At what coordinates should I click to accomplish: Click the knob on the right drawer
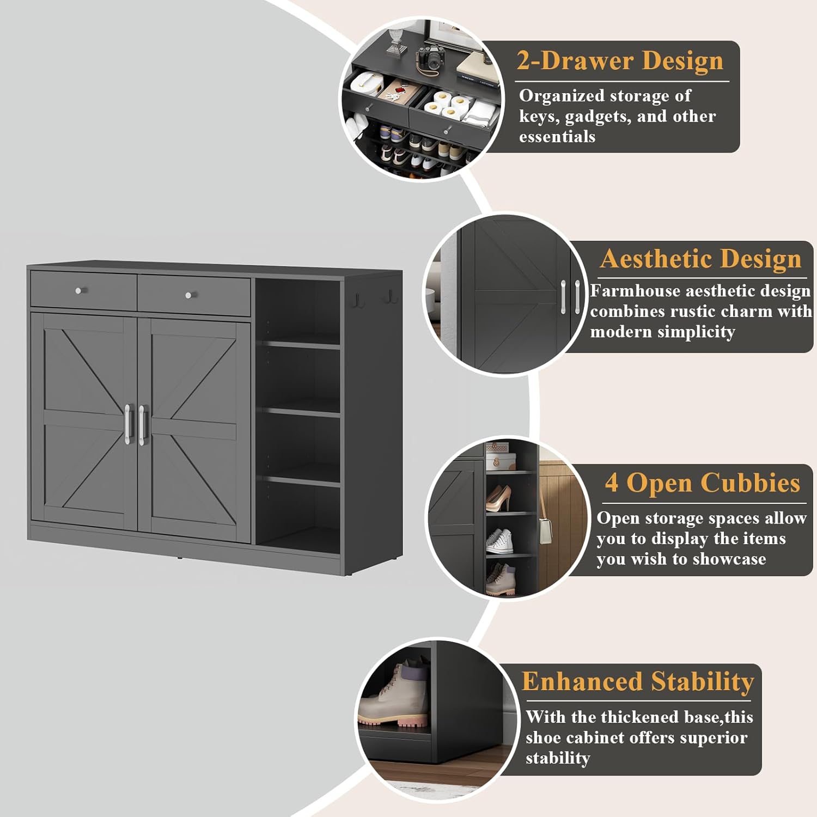(x=188, y=295)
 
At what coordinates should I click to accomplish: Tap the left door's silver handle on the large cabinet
(x=128, y=424)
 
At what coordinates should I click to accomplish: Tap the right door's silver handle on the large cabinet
(x=143, y=425)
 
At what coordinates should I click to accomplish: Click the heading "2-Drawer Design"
(x=620, y=60)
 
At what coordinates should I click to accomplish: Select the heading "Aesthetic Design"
(x=700, y=259)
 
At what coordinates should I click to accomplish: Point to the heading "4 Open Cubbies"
(x=702, y=483)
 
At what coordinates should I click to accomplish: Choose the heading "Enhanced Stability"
(x=637, y=682)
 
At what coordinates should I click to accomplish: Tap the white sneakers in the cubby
(x=499, y=541)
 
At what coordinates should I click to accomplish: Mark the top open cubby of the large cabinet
(x=298, y=310)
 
